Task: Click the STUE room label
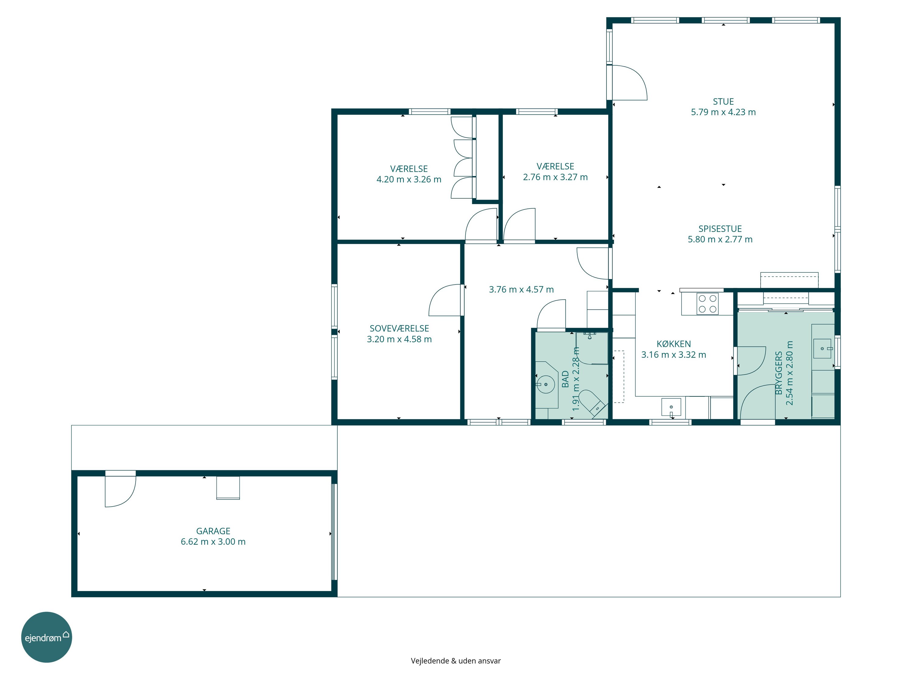[x=723, y=102]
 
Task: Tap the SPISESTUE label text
[x=720, y=229]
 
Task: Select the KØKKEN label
[x=674, y=344]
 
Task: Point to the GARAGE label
[x=213, y=531]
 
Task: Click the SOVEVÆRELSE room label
[x=399, y=329]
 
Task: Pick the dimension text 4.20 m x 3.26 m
[x=409, y=179]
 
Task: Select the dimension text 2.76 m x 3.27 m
[x=555, y=177]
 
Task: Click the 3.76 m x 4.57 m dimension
[x=521, y=289]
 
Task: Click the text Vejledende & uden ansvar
[x=456, y=661]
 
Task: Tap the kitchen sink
[x=671, y=407]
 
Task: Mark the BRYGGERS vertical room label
[x=779, y=373]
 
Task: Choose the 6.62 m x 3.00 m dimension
[x=213, y=542]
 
